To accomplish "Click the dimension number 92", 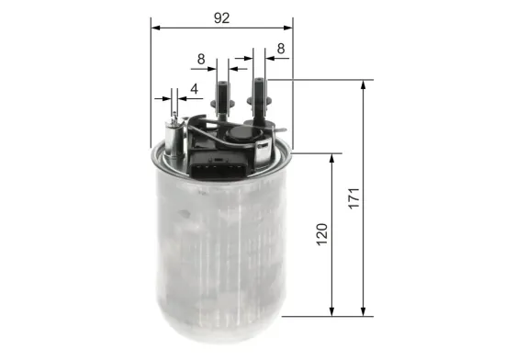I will tap(220, 16).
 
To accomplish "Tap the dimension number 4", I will tap(194, 88).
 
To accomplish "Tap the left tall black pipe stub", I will tap(220, 97).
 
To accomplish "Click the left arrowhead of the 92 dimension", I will tap(153, 27).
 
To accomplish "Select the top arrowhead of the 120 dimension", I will tap(331, 157).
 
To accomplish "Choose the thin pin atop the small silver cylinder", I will tap(170, 107).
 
